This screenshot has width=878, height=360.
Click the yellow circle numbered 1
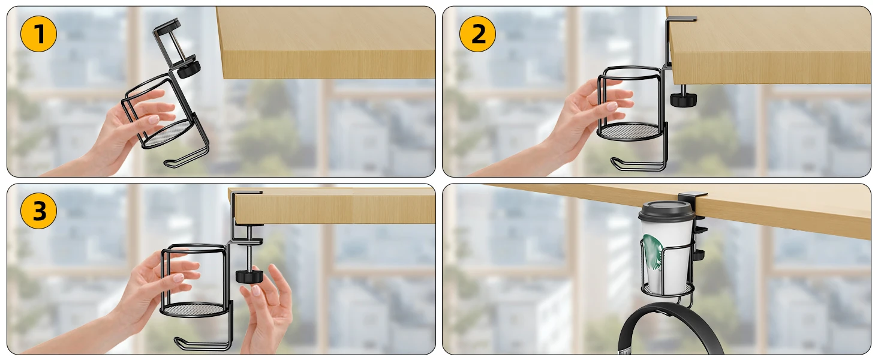click(38, 34)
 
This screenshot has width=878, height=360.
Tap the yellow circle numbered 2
click(477, 34)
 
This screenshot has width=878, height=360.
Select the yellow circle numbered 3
click(38, 211)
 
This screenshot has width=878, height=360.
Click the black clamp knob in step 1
click(189, 68)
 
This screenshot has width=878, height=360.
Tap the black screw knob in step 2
click(683, 99)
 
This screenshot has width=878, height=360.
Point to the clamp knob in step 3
click(249, 275)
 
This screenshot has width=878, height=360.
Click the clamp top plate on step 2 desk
click(681, 19)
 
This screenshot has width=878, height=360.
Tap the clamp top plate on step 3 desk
click(246, 193)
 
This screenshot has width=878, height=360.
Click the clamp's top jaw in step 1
click(167, 27)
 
